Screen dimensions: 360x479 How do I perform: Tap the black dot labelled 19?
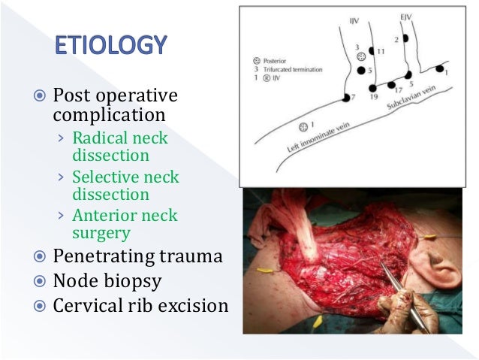click(x=372, y=88)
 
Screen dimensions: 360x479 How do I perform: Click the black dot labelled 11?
click(x=372, y=50)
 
